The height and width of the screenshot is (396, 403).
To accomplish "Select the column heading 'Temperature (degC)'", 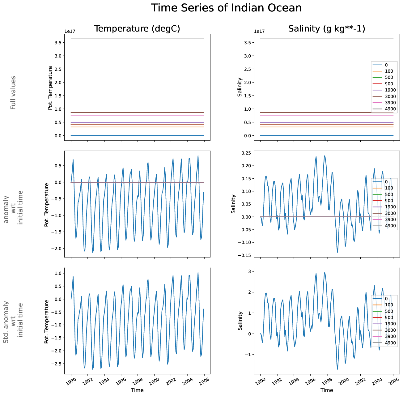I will point(137,29).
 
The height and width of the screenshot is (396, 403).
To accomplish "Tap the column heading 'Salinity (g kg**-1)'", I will point(327,29).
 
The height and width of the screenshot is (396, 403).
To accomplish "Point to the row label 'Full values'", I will point(13,92).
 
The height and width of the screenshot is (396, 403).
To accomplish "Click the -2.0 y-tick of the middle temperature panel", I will point(58,249).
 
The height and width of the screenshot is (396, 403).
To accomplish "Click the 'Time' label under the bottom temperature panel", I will point(137,390).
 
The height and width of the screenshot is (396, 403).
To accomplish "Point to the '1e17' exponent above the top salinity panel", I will point(259,31).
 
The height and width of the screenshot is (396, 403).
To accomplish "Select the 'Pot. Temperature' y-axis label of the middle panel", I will point(47,205).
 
